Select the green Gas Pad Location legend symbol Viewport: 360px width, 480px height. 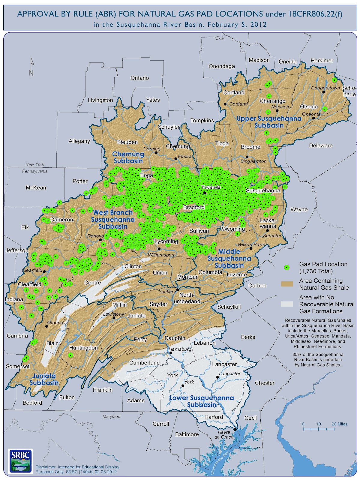coord(287,267)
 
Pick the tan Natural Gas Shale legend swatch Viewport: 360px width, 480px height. coord(287,284)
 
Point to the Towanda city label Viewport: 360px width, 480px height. coord(211,187)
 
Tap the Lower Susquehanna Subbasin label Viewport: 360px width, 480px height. coord(202,401)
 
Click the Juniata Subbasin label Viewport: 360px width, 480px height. coord(44,379)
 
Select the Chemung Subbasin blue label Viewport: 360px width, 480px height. coord(128,157)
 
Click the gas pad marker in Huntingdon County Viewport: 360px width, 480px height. coord(70,355)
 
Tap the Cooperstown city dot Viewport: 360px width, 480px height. coord(324,92)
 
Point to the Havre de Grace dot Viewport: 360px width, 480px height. coord(235,429)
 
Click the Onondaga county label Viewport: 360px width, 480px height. coord(222,66)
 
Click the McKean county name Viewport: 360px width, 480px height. coord(36,188)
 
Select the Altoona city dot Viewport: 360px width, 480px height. coord(47,326)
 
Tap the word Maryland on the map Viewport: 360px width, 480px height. coord(111,416)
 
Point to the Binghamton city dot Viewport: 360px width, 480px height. coord(247,157)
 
